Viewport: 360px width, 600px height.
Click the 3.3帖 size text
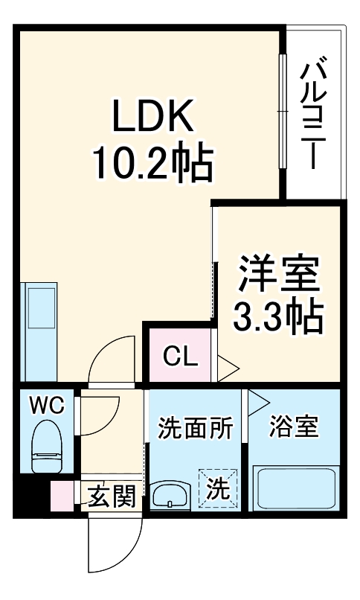[278, 318]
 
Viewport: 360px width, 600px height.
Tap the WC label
[48, 406]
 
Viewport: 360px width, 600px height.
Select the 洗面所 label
[195, 429]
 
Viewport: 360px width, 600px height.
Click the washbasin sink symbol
[170, 495]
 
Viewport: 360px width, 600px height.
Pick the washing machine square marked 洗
[217, 488]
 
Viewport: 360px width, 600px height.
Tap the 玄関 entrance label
[112, 495]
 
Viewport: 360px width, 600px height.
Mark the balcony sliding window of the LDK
[282, 112]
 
